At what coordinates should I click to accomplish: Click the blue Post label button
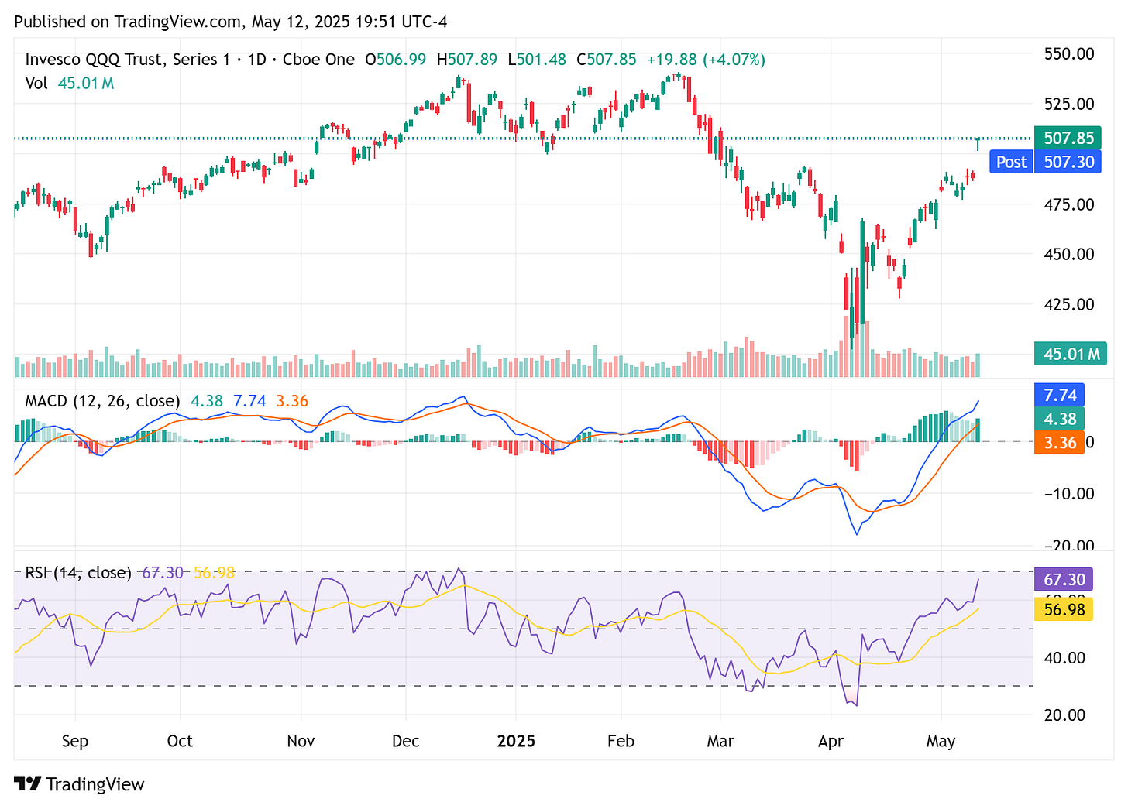[x=1011, y=162]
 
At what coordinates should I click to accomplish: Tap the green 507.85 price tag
[x=1068, y=139]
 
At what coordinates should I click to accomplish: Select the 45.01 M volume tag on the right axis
[x=1070, y=354]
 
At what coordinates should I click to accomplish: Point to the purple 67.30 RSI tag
[x=1064, y=579]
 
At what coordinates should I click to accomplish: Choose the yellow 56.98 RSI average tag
[x=1064, y=609]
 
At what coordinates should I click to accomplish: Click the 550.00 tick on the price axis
[x=1069, y=53]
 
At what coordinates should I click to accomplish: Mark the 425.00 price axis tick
[x=1069, y=304]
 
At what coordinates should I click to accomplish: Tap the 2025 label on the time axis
[x=516, y=741]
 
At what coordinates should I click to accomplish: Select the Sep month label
[x=75, y=741]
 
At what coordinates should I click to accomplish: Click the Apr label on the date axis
[x=831, y=741]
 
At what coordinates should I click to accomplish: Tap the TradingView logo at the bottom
[x=80, y=784]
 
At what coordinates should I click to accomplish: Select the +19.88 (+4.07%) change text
[x=706, y=60]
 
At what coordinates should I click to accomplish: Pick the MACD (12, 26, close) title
[x=102, y=401]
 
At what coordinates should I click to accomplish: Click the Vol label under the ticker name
[x=36, y=83]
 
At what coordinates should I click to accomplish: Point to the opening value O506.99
[x=395, y=60]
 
